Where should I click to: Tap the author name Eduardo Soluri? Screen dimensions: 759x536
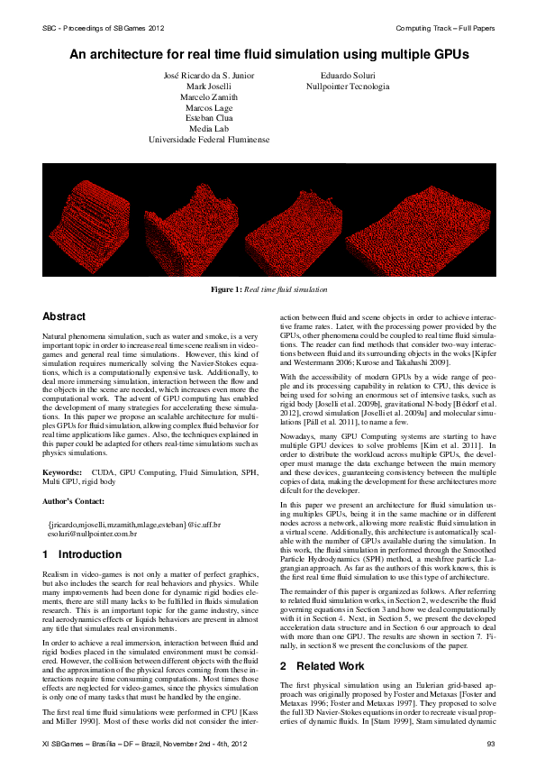tap(347, 75)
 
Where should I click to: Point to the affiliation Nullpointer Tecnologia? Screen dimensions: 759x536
tap(347, 87)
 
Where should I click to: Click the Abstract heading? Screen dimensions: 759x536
tap(64, 317)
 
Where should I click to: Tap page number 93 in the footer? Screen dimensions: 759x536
tap(491, 743)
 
